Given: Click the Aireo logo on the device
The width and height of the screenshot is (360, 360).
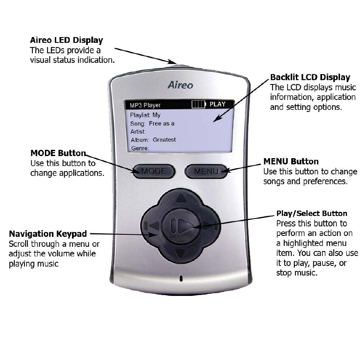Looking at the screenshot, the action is coord(181,85).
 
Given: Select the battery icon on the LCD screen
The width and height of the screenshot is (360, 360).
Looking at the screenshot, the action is coord(199,104).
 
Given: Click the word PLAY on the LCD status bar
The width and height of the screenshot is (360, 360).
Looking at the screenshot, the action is coord(217,104).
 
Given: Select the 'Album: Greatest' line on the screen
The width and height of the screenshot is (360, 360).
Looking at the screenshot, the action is coord(153,140).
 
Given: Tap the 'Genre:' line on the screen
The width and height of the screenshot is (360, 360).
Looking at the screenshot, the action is coord(140,148).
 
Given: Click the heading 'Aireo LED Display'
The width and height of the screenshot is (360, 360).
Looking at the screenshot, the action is coord(67,41).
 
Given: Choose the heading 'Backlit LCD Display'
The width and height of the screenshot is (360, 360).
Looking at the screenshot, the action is coord(310,77).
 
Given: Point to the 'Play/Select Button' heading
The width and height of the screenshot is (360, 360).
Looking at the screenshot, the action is coord(312,214).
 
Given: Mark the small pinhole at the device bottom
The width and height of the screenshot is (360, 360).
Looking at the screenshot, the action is coord(181,278).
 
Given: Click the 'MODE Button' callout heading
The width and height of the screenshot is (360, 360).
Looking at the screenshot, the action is coord(58,153).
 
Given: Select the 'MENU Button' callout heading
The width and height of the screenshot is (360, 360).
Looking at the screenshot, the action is coord(291,161).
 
